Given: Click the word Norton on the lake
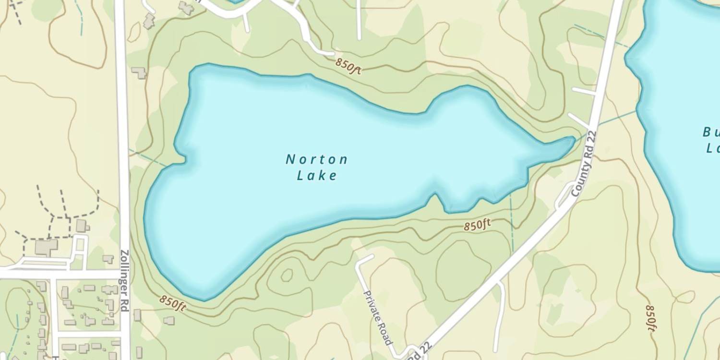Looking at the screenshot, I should [317, 159].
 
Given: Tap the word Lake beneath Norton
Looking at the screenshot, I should [317, 176].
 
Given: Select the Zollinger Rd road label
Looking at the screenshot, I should [124, 280].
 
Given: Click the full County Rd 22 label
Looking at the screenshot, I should [584, 163].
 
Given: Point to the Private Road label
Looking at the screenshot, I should [377, 317].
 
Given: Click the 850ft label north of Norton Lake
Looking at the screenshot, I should [348, 65].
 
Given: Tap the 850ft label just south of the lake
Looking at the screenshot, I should [478, 224].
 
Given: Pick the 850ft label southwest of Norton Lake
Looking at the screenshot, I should [173, 302].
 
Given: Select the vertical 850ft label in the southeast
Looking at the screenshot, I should [650, 318].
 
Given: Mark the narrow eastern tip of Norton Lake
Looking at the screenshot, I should [570, 141].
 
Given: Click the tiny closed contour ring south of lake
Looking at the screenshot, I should [287, 275].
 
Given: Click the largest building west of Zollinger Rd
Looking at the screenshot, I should [46, 247].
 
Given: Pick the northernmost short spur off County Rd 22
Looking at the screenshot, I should [584, 91].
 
